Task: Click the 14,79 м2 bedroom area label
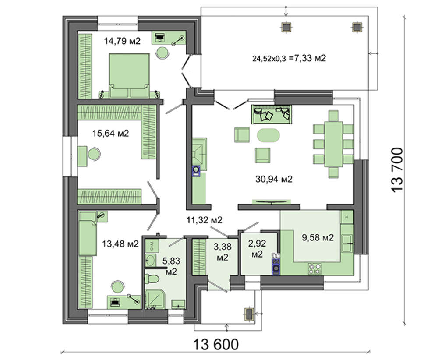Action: [122, 41]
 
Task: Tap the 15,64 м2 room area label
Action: [111, 133]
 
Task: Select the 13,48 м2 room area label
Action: [120, 244]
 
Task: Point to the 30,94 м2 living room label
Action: [274, 179]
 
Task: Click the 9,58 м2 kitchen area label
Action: [318, 237]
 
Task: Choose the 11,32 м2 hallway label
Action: [205, 220]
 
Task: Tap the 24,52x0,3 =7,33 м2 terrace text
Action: [289, 58]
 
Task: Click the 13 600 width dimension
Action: [216, 344]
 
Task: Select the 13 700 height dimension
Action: [397, 169]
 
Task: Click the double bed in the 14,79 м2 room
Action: [129, 75]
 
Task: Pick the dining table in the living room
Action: [333, 144]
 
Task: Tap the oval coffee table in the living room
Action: [268, 135]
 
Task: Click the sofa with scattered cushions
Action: [272, 114]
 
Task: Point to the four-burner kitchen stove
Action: [314, 269]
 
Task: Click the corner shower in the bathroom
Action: [155, 299]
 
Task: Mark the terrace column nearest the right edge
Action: [357, 27]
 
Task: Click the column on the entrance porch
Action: [249, 314]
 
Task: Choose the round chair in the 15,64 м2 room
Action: [94, 154]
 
